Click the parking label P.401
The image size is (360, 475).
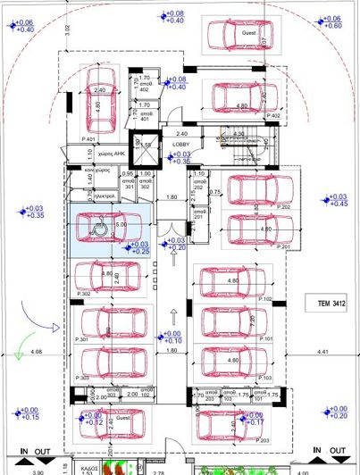click(x=88, y=139)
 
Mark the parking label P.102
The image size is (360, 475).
click(x=264, y=298)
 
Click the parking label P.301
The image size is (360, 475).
click(x=83, y=340)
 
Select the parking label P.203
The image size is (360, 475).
click(x=262, y=441)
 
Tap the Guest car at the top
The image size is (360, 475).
click(x=240, y=34)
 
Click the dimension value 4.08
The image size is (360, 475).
click(x=37, y=353)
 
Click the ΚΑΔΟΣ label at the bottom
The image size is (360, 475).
click(x=87, y=466)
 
